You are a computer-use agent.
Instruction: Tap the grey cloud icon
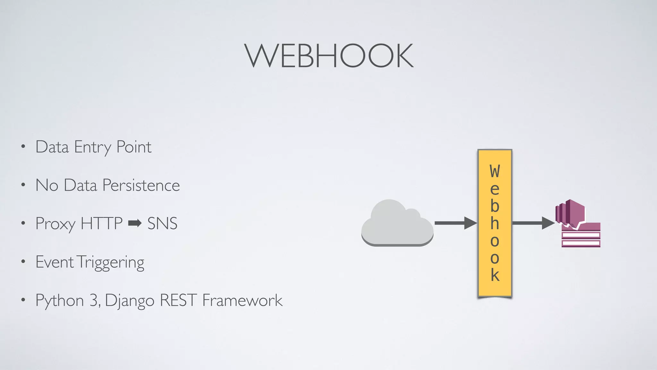[397, 224]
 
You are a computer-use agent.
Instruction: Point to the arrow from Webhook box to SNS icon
[533, 223]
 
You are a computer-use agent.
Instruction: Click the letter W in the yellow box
[495, 171]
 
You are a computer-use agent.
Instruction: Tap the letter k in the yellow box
[495, 275]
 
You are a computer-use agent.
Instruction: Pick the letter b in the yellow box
[495, 206]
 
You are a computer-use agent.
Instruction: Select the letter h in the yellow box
[495, 223]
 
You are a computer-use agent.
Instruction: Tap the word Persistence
[141, 185]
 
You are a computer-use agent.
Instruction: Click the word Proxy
[55, 224]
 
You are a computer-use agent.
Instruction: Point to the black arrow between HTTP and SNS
[135, 223]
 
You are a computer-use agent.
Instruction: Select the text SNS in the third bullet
[162, 224]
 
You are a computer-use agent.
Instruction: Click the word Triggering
[111, 262]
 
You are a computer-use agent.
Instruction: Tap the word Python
[60, 301]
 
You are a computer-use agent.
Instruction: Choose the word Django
[130, 301]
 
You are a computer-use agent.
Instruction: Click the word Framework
[242, 301]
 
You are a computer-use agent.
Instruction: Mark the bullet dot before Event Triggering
[23, 262]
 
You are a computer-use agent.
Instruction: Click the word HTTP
[101, 224]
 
